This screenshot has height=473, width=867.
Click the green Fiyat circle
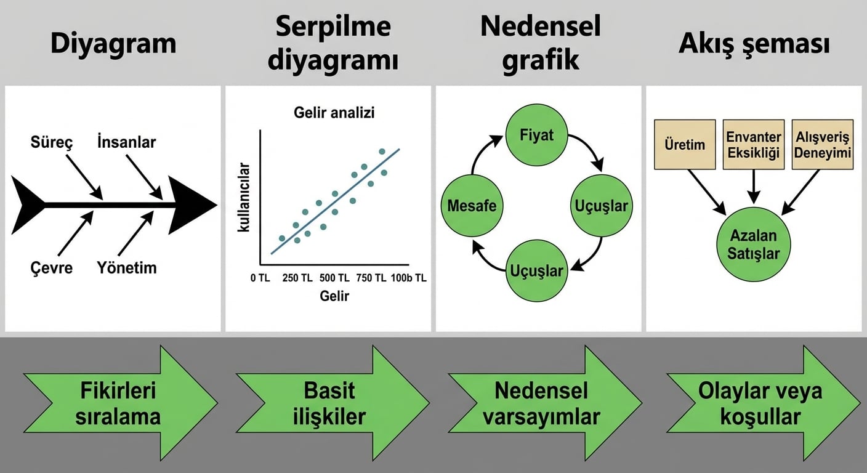click(536, 135)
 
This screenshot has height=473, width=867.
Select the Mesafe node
click(472, 206)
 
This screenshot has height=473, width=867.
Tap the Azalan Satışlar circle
click(753, 245)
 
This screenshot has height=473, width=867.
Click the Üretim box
click(685, 144)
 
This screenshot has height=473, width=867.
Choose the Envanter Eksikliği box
click(754, 144)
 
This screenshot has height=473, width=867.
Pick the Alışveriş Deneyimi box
click(823, 144)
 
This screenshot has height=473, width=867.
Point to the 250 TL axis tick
click(297, 278)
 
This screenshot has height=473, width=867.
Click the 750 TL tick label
click(371, 278)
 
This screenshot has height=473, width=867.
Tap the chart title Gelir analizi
click(334, 113)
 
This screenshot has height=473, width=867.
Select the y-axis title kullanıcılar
click(244, 198)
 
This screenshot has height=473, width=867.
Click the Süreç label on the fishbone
click(52, 142)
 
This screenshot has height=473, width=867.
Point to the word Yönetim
click(127, 268)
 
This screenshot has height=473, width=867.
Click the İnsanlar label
click(127, 142)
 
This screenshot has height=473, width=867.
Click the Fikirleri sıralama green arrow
click(120, 403)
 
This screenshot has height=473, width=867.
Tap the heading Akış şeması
click(754, 44)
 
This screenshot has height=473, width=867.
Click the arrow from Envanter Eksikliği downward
click(754, 187)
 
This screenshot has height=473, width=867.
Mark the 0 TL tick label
click(260, 278)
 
